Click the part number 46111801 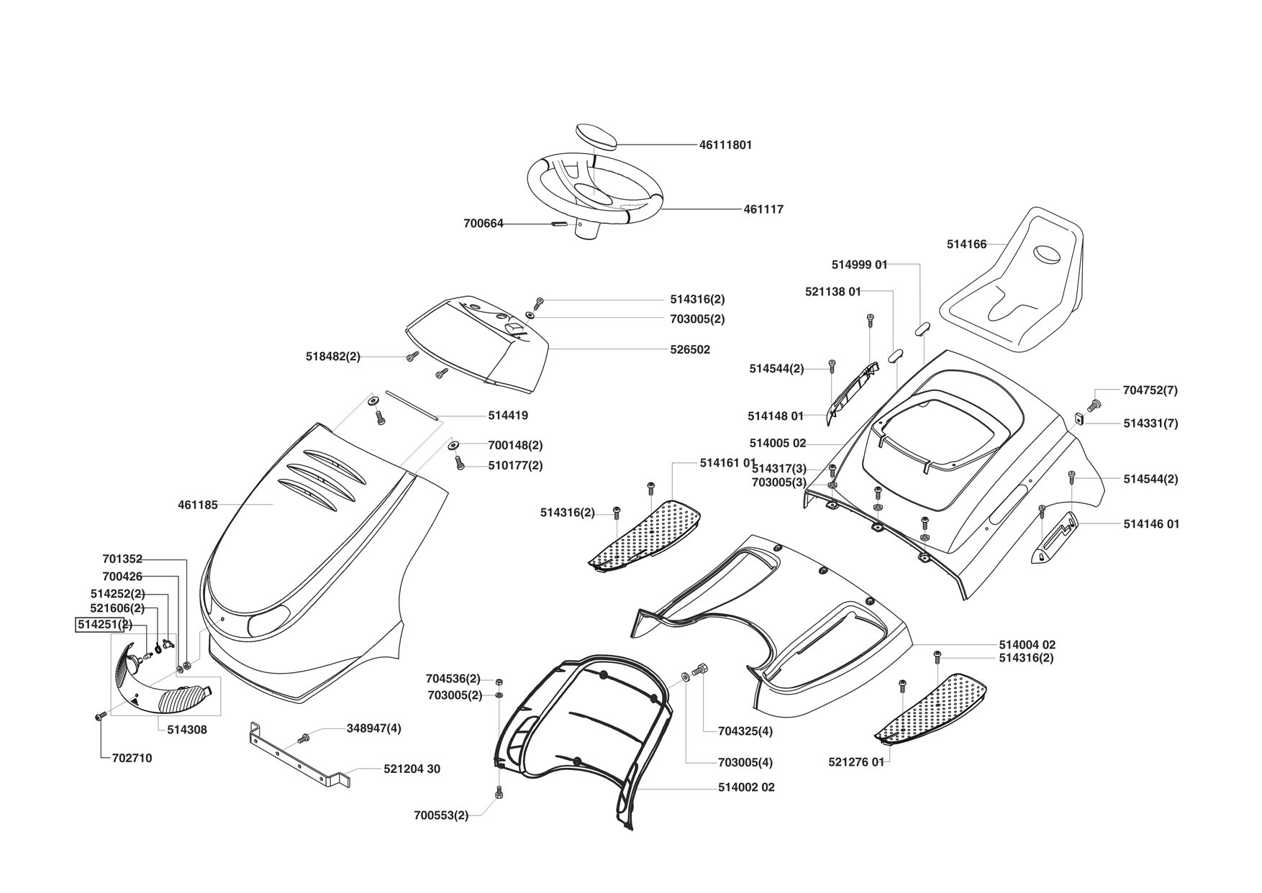tap(725, 145)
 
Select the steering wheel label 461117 tap(763, 209)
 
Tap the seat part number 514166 tap(966, 244)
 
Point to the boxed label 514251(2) tap(104, 624)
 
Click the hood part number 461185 tap(197, 505)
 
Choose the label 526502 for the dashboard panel tap(689, 349)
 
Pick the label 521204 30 tap(412, 769)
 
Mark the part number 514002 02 tap(746, 787)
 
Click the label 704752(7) tap(1150, 390)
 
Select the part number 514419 tap(507, 416)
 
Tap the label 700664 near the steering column tap(483, 224)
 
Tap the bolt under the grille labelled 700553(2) tap(499, 792)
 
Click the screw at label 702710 tap(100, 715)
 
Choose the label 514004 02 tap(1027, 645)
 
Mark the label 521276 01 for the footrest tap(856, 762)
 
